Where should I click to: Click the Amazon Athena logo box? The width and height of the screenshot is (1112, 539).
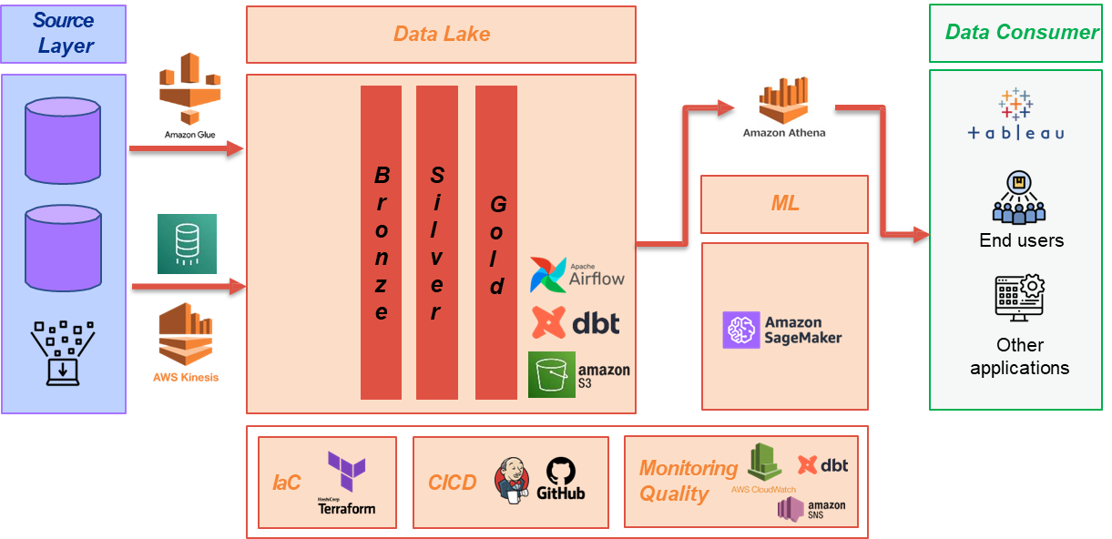click(x=784, y=107)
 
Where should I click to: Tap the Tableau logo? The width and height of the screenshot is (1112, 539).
click(x=1015, y=115)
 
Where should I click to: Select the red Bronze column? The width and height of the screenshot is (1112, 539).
click(x=381, y=242)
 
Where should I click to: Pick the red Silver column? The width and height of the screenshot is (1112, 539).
click(x=437, y=242)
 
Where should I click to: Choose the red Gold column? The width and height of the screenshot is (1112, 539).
click(x=496, y=242)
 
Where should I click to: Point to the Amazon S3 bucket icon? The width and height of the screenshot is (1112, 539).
click(x=552, y=374)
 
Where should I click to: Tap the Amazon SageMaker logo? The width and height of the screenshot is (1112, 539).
click(x=782, y=330)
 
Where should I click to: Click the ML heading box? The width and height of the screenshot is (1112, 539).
click(x=784, y=204)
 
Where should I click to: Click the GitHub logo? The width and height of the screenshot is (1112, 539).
click(x=560, y=479)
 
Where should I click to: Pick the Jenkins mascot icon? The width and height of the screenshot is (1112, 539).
click(x=512, y=481)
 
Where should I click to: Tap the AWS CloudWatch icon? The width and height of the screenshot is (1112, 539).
click(x=764, y=463)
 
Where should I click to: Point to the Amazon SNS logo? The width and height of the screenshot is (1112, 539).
click(x=811, y=508)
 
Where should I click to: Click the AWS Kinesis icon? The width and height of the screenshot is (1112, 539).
click(x=186, y=337)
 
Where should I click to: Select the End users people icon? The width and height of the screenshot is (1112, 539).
click(x=1019, y=198)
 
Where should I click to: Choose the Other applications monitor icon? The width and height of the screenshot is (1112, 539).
click(x=1019, y=298)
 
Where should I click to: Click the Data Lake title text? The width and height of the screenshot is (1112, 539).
click(x=442, y=34)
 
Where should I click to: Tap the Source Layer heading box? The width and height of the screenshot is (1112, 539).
click(x=64, y=33)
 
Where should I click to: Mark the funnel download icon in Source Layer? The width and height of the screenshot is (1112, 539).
click(x=63, y=351)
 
